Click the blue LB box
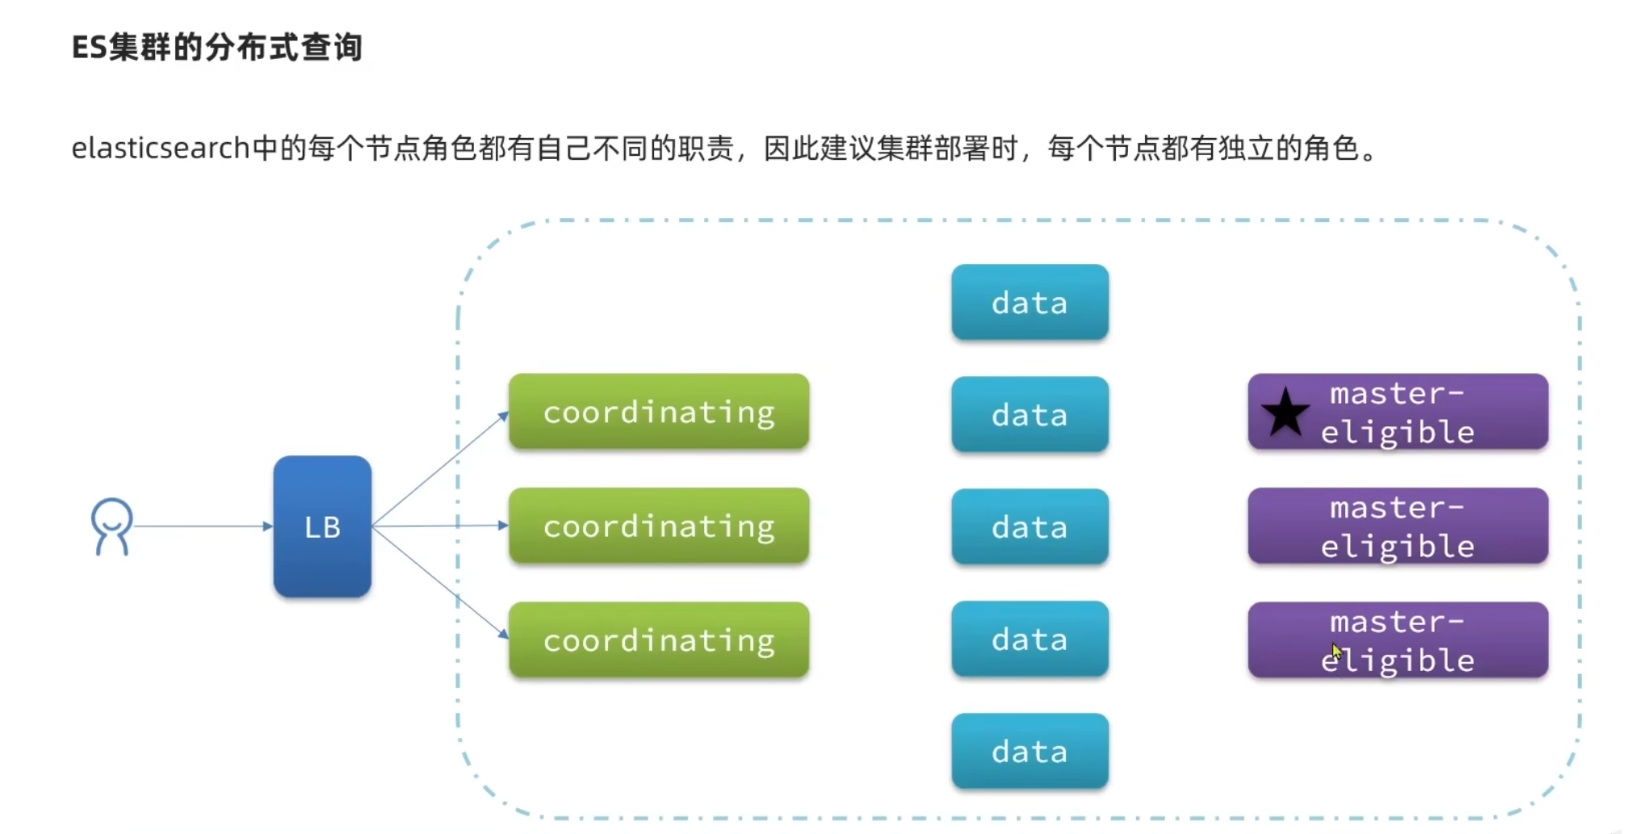(x=322, y=526)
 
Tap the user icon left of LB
(x=111, y=526)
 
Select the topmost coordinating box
(x=659, y=412)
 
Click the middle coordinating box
(x=659, y=526)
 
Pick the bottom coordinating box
(x=659, y=639)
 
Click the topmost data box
(x=1029, y=303)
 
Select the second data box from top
(x=1029, y=415)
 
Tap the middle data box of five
(x=1029, y=527)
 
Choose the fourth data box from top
(x=1029, y=639)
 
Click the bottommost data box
(x=1029, y=752)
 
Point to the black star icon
(x=1285, y=412)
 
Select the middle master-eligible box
(x=1398, y=526)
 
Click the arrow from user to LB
(x=202, y=526)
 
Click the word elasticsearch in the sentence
(x=160, y=149)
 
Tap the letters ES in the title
(x=89, y=48)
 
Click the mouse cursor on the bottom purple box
(x=1336, y=652)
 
